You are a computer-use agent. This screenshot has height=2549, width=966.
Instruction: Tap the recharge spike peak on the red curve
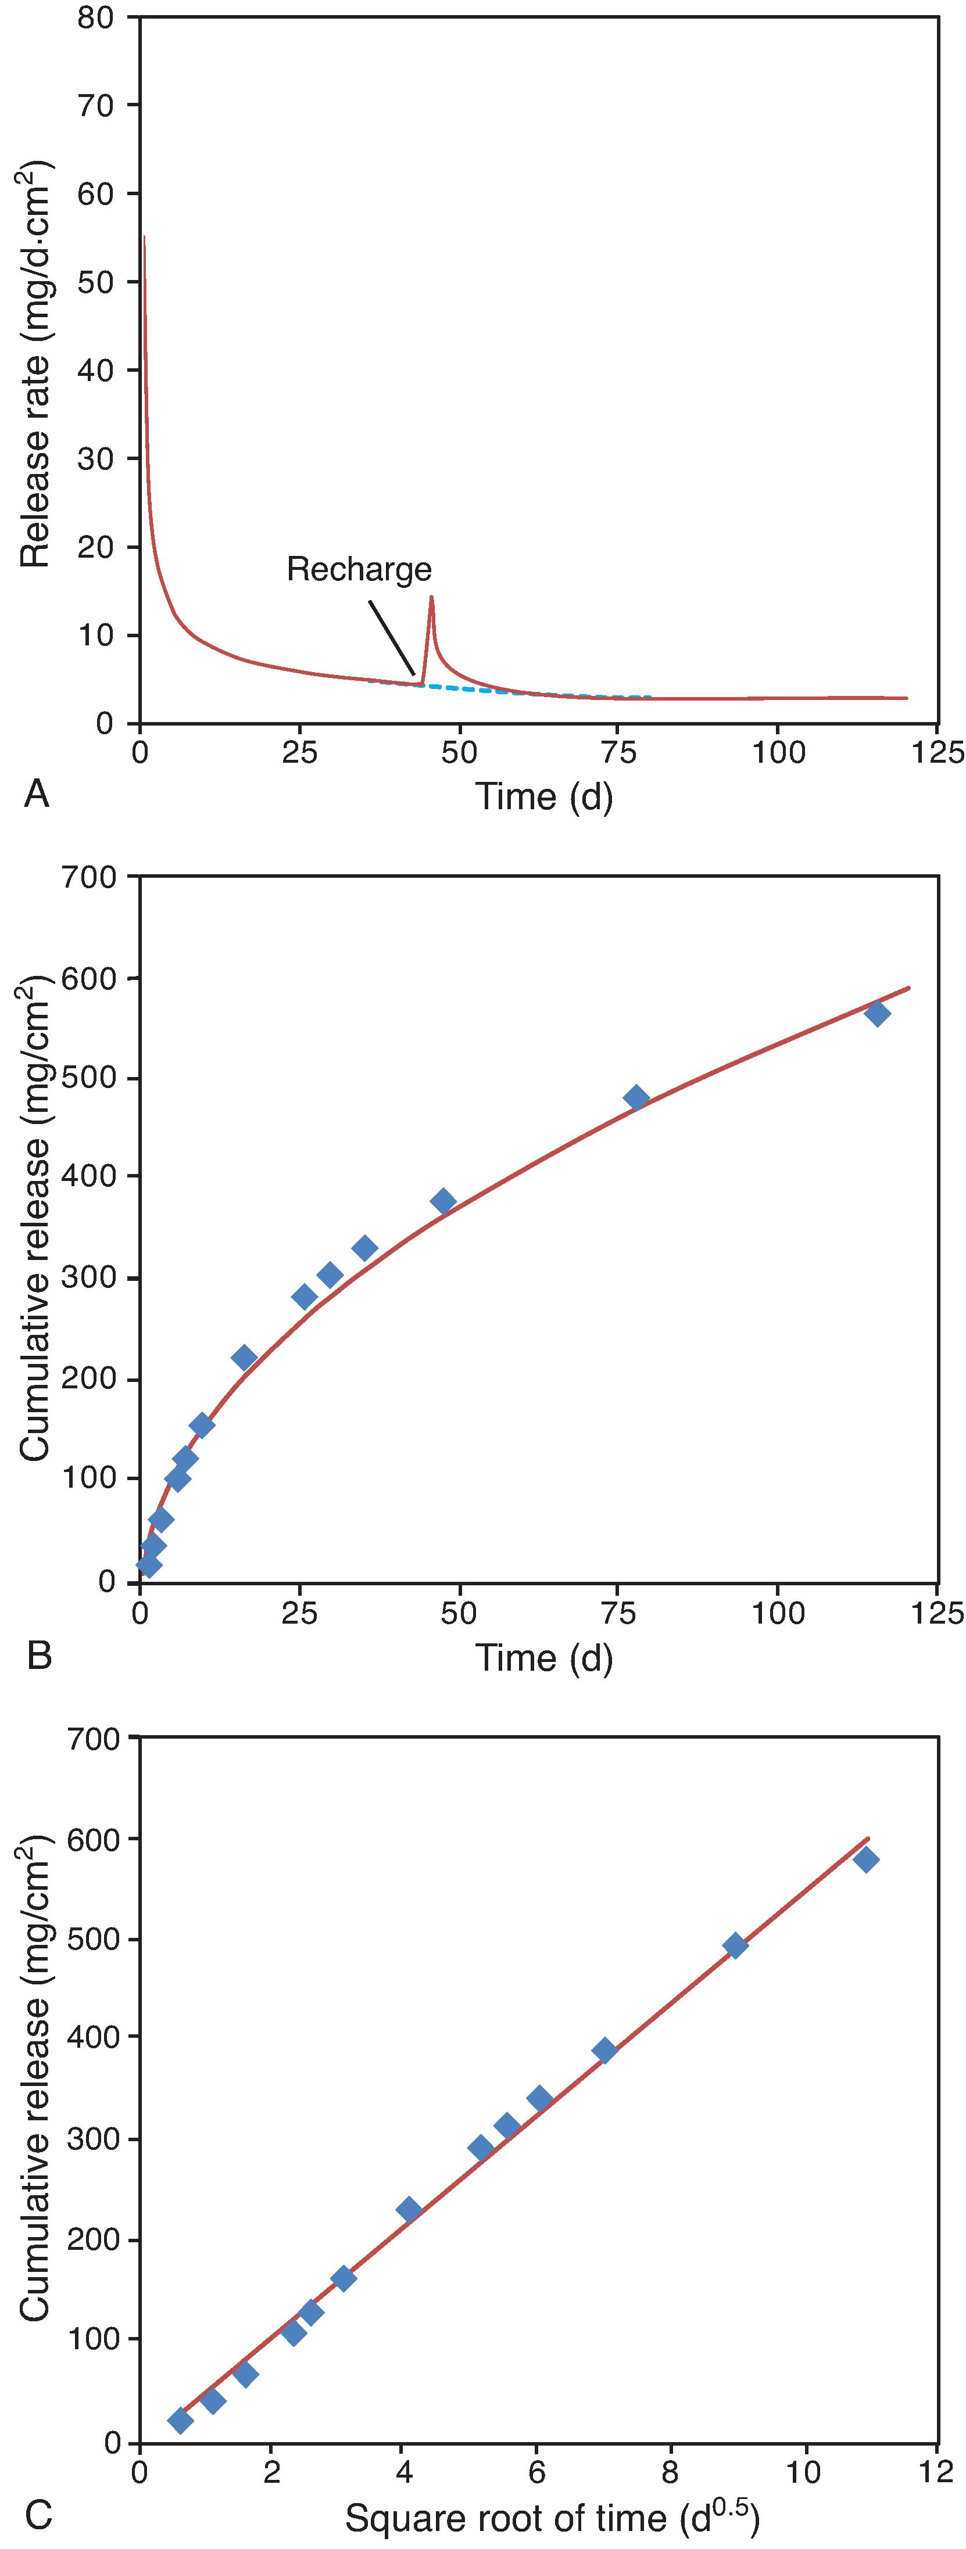[431, 597]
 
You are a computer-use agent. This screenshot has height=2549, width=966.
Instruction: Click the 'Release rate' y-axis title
[35, 366]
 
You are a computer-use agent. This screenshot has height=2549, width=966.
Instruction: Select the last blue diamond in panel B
[877, 1013]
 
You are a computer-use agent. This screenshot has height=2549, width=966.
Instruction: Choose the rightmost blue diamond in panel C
[866, 1859]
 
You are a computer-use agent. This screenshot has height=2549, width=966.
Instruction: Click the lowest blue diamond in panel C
[180, 2421]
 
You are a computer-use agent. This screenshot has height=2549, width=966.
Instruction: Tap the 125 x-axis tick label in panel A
[936, 753]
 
